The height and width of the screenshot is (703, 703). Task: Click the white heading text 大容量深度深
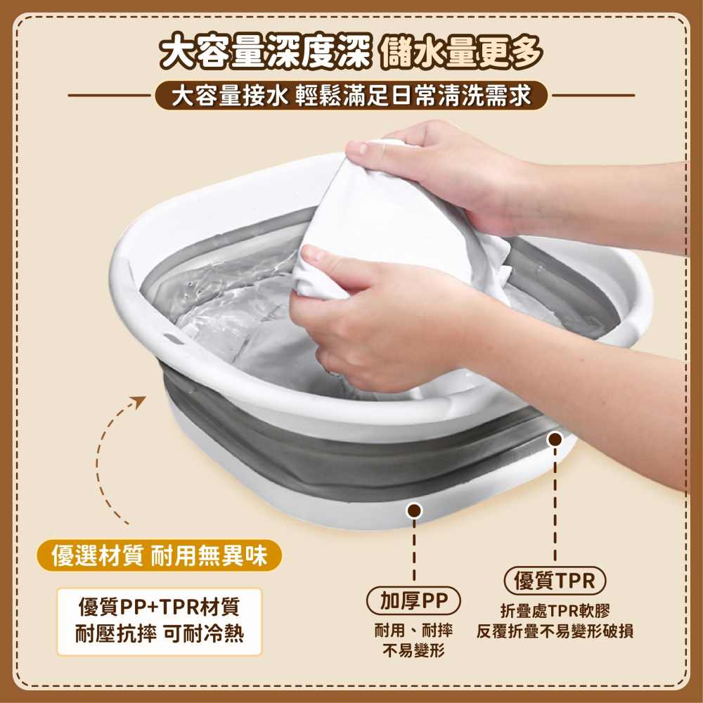[x=264, y=53]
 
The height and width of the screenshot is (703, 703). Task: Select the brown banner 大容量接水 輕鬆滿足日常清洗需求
[x=351, y=95]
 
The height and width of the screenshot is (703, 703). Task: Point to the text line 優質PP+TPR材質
[x=160, y=606]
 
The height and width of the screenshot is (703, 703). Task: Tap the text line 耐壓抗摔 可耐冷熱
[x=160, y=635]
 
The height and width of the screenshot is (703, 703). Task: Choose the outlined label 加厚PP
[x=414, y=600]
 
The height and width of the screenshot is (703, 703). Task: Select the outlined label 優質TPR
[x=555, y=581]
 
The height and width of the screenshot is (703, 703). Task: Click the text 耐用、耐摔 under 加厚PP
[x=413, y=631]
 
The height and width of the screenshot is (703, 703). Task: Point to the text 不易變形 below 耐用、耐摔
[x=413, y=651]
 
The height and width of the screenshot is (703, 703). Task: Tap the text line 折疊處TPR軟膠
[x=555, y=611]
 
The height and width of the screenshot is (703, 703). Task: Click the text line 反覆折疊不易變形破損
[x=555, y=631]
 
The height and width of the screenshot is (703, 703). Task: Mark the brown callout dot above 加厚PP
[x=415, y=510]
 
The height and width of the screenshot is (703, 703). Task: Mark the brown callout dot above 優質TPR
[x=555, y=440]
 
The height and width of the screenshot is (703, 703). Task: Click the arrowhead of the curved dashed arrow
[x=138, y=402]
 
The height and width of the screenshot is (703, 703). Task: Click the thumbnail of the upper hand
[x=357, y=148]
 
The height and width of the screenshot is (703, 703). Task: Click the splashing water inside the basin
[x=225, y=295]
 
